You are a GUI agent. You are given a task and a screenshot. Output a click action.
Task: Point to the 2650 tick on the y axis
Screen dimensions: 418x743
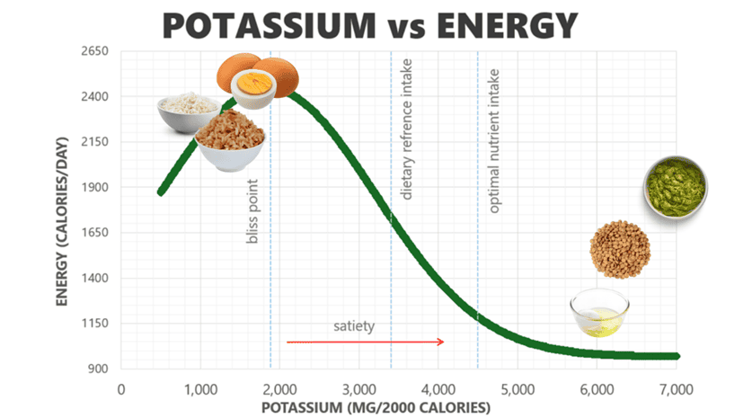[94, 52]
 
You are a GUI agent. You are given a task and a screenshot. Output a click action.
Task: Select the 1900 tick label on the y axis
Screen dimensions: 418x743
[94, 188]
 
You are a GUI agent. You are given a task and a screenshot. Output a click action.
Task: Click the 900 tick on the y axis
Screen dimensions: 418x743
[98, 369]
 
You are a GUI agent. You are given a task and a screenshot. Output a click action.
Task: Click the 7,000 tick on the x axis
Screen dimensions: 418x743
[676, 388]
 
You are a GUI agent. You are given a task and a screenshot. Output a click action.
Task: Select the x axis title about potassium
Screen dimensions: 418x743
[399, 407]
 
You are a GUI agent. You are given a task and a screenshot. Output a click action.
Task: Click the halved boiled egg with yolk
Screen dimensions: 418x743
[253, 86]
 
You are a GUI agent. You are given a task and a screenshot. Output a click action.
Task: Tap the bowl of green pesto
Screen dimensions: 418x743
[676, 186]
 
